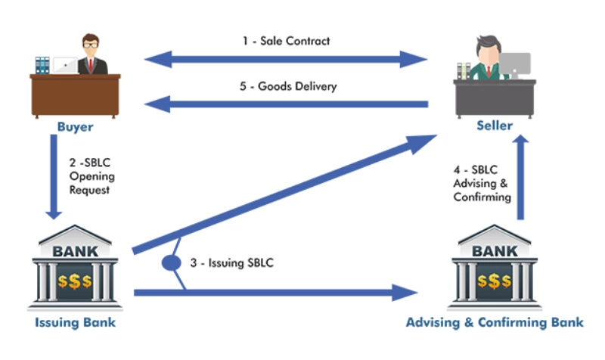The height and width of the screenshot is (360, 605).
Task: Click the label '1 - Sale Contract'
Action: point(286,41)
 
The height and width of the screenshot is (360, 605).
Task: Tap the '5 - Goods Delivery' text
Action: point(288,86)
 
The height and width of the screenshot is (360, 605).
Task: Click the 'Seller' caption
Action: point(494,125)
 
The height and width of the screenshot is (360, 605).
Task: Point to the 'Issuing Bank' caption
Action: point(75,323)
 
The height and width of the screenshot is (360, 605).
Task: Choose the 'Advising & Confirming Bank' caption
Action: point(495,323)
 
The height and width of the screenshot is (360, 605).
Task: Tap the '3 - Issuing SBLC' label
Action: point(231,263)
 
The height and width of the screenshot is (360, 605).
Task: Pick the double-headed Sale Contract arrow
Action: point(287,59)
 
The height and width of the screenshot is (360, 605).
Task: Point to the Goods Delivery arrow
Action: point(287,104)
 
